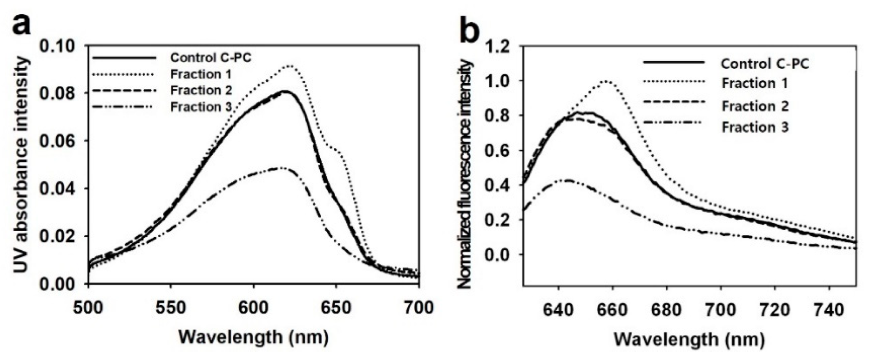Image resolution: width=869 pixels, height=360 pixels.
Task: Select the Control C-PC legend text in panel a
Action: coord(211,57)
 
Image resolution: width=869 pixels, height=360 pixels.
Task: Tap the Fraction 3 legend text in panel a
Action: coord(201,107)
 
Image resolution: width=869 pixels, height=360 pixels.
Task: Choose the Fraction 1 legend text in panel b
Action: coord(754,83)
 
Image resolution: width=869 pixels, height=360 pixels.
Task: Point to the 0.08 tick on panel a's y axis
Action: coord(59,93)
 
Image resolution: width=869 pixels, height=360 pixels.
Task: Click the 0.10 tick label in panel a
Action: coord(59,46)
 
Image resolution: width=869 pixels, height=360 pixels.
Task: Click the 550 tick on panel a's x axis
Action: coord(171,308)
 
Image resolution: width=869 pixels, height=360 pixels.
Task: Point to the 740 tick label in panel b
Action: coord(829,310)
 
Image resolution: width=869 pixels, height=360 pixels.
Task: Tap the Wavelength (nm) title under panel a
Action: coord(254,337)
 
